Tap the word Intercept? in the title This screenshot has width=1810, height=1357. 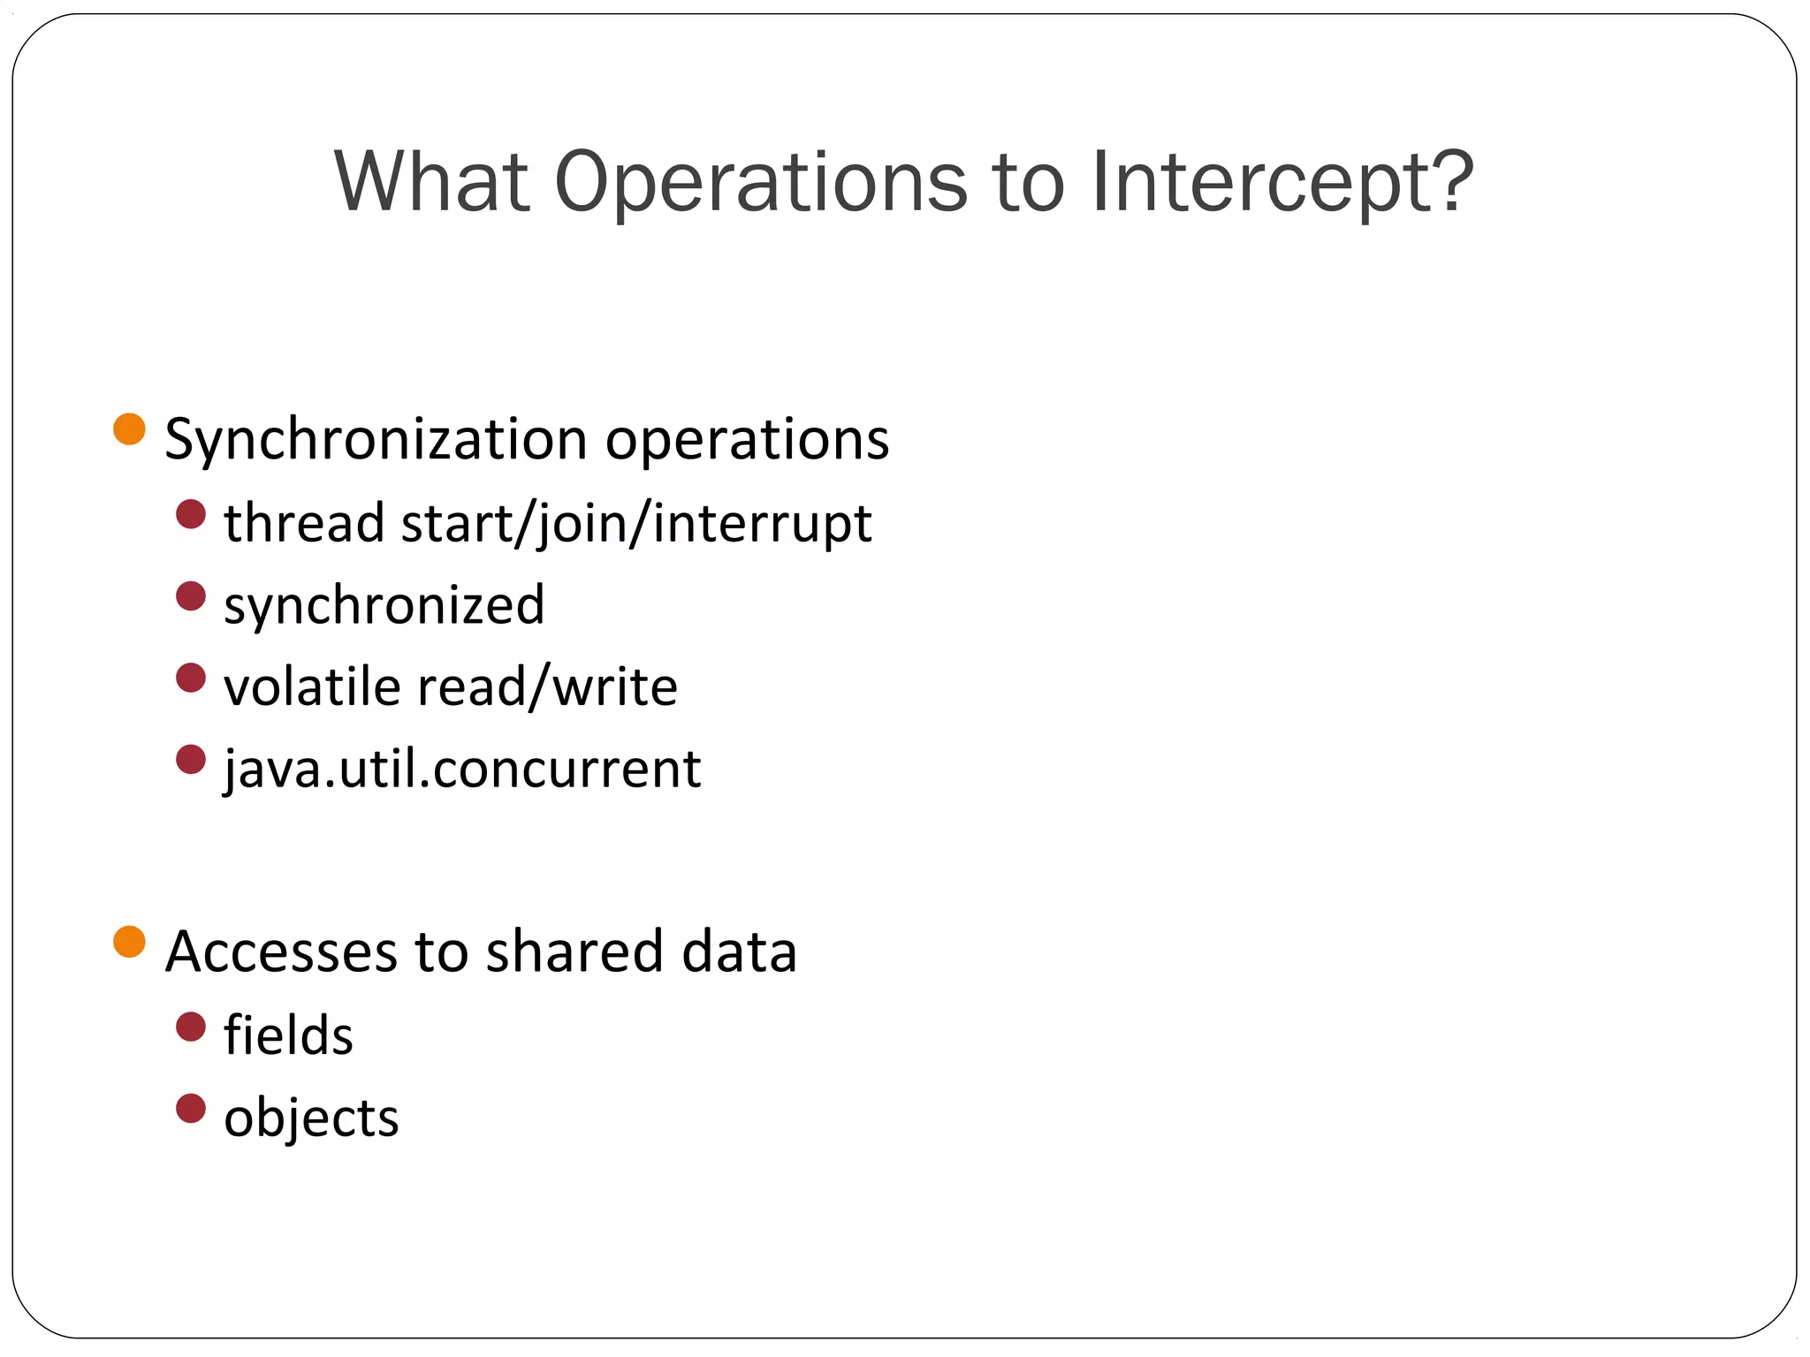1282,182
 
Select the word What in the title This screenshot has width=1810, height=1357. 431,182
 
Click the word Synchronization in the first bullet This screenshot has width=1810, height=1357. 376,439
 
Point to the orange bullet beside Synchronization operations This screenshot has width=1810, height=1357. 129,429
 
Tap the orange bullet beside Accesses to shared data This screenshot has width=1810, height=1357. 129,942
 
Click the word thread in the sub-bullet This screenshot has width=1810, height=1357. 304,522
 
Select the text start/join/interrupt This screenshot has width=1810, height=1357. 636,522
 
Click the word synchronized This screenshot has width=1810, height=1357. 384,605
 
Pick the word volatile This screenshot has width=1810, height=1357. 312,686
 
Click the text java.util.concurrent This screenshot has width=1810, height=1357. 462,769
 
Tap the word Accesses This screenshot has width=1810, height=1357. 281,951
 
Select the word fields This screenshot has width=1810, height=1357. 288,1035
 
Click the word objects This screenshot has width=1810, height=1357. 311,1118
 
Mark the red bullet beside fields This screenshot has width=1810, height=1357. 191,1027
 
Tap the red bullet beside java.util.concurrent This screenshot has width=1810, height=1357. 191,760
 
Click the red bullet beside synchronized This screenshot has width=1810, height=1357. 191,596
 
